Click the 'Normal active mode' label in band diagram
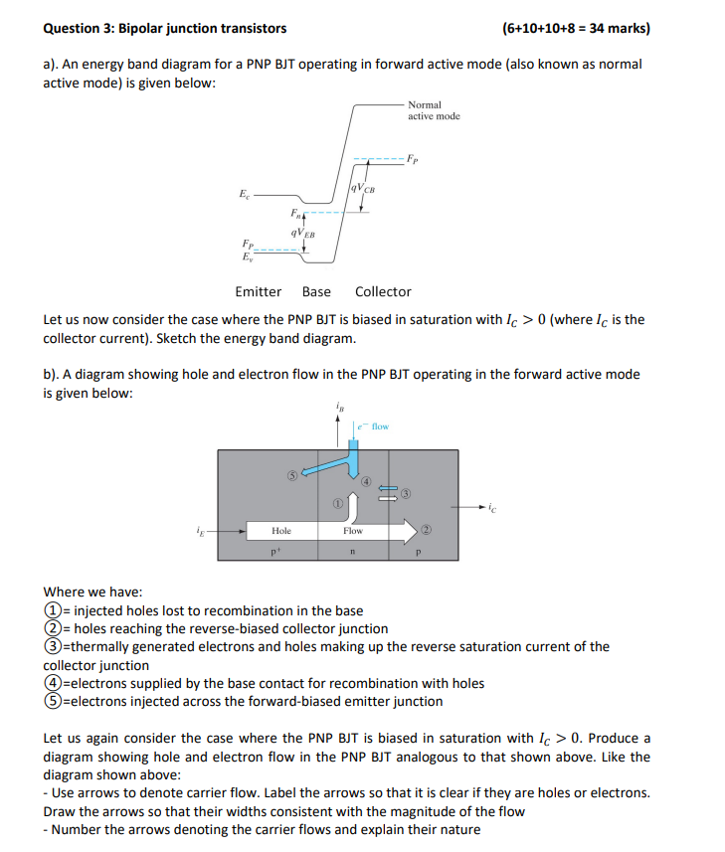tap(433, 110)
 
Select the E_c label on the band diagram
tap(245, 196)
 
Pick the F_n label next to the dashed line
tap(295, 213)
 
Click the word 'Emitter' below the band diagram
tap(258, 291)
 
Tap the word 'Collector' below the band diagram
tap(383, 291)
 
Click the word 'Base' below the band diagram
tap(316, 291)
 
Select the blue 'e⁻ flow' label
tap(374, 426)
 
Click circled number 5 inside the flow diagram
tap(292, 474)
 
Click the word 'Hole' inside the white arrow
tap(281, 531)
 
